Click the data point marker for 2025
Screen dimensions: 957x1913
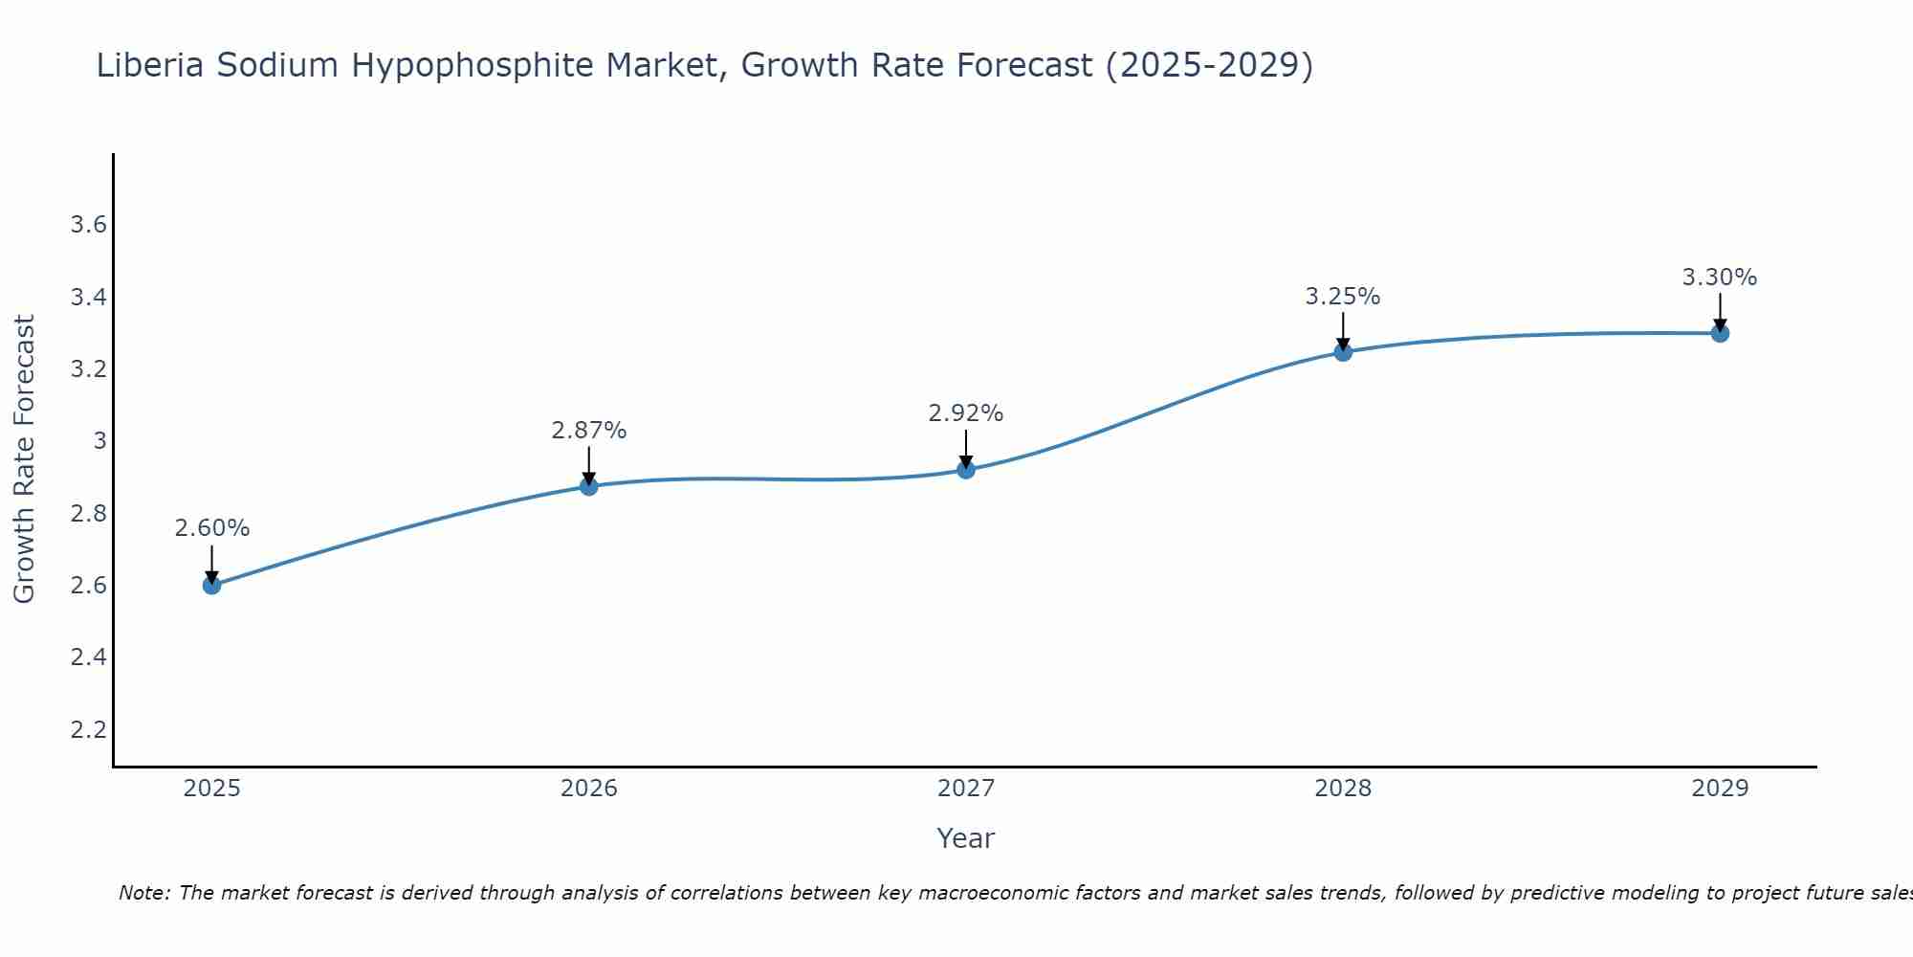211,585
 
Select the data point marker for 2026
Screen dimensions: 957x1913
588,486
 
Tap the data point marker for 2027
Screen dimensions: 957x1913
965,469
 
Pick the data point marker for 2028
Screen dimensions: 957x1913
1342,352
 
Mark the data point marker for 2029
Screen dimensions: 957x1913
1719,333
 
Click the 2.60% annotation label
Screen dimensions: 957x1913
211,528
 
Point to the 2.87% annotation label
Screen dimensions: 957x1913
588,431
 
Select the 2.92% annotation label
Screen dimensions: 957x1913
965,413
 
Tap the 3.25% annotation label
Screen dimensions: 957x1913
1342,297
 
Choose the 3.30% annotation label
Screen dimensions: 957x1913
1719,278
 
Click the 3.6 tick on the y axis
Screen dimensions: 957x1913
88,225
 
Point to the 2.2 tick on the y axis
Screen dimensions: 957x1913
88,730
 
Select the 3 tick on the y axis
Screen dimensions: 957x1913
99,441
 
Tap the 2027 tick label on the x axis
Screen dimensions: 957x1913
965,789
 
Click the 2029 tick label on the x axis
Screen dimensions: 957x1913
1719,789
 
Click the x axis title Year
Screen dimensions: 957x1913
965,838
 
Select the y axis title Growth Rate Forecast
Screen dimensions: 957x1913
24,458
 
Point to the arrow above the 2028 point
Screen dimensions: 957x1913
1342,330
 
